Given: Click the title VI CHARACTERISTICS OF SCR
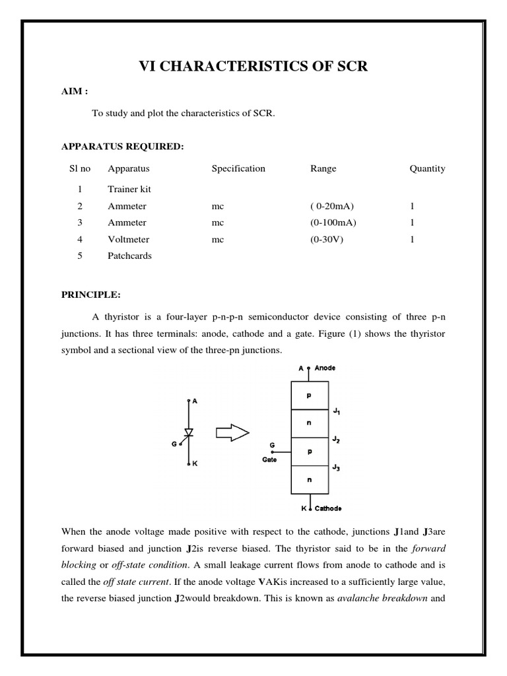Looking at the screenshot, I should tap(253, 66).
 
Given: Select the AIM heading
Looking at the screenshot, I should tap(75, 93).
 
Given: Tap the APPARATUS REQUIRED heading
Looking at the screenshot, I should tap(122, 146).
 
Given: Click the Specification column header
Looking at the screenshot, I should tap(238, 168).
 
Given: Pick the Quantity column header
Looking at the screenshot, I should tap(427, 168).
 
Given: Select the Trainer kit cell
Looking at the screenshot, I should tap(129, 189).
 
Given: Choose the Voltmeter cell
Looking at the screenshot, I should tap(128, 240).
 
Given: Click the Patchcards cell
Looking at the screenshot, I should tap(129, 255).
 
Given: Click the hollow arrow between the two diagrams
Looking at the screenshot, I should tap(232, 433).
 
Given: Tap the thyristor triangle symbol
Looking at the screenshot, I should tap(188, 433).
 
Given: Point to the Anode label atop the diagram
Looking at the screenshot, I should tap(325, 368).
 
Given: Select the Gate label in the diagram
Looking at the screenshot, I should tap(269, 459).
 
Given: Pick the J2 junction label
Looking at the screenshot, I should tap(337, 439).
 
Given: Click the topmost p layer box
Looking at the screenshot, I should tap(309, 395).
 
